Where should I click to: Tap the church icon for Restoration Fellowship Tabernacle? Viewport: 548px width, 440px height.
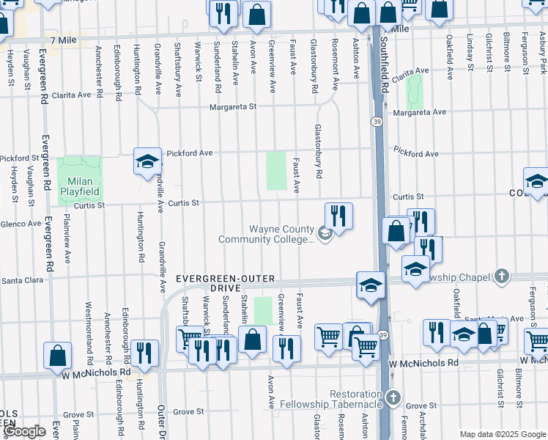click(394, 398)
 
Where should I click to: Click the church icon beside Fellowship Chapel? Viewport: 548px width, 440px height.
click(501, 276)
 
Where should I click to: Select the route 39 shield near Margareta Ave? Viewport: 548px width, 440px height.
click(377, 121)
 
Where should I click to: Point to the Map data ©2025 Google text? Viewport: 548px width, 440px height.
click(502, 434)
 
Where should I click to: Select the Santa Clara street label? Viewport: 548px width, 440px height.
click(25, 280)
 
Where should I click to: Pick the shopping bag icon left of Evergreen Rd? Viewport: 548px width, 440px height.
click(57, 356)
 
